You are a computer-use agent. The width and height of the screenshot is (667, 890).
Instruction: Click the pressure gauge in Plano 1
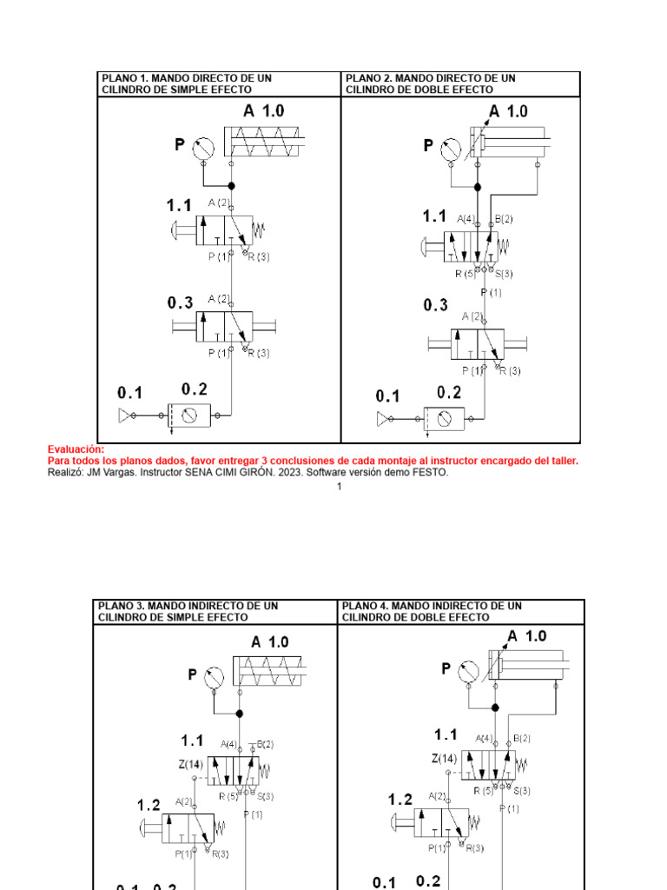[202, 145]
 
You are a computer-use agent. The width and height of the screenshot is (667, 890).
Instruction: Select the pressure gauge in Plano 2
[450, 146]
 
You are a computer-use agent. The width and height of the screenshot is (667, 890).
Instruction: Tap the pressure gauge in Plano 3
[214, 675]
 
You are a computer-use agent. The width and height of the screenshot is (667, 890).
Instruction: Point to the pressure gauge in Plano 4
[469, 669]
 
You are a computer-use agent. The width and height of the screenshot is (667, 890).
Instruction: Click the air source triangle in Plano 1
[124, 417]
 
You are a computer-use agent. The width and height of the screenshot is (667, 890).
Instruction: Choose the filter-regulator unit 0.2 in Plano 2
[443, 418]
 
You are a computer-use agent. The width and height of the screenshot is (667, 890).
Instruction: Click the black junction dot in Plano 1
[231, 185]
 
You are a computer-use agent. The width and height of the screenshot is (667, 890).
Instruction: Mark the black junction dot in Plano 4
[495, 708]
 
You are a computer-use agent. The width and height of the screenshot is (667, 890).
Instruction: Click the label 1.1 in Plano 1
[179, 206]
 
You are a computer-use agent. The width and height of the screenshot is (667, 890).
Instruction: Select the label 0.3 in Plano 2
[436, 305]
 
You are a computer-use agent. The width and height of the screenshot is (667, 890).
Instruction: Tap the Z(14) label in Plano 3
[192, 764]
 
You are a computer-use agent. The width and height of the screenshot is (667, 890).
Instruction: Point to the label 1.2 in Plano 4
[400, 799]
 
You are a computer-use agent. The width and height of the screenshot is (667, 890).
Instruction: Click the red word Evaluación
[76, 449]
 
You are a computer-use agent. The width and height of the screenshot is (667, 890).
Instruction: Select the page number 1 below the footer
[339, 487]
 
